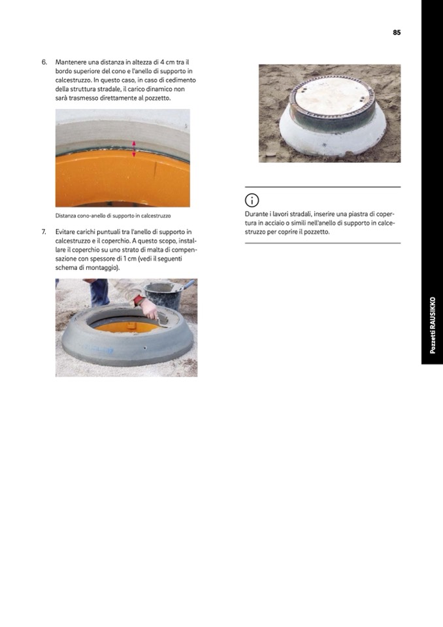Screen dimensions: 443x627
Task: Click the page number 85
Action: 397,33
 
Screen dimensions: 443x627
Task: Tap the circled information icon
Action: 252,200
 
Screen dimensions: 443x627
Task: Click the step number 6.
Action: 44,62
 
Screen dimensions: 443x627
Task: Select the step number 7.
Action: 44,232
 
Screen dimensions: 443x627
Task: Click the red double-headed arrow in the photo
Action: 134,148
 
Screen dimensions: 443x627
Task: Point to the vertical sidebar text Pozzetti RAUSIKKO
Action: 432,325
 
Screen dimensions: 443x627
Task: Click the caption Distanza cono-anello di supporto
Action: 113,216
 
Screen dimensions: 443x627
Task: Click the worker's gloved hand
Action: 150,309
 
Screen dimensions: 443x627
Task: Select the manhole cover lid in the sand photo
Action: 332,98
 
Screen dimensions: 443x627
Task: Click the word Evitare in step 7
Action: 65,232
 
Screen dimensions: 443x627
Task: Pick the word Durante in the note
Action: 255,214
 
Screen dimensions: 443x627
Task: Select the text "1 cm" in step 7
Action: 129,259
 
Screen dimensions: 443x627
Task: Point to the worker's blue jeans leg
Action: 99,292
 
